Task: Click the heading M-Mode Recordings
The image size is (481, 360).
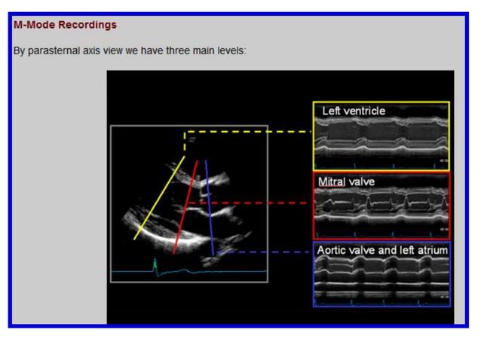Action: click(x=65, y=25)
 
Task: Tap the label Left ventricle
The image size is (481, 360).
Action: click(x=353, y=111)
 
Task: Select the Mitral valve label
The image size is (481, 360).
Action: click(x=346, y=182)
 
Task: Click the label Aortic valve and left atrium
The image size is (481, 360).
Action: click(x=381, y=249)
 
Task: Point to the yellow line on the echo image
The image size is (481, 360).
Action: click(x=159, y=198)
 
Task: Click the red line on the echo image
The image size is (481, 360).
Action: click(x=185, y=207)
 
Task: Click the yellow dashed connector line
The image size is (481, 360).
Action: click(x=249, y=132)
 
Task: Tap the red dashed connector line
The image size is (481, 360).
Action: click(x=249, y=203)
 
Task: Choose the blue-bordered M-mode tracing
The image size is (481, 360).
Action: click(x=381, y=281)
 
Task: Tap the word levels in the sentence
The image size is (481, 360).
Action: click(x=230, y=51)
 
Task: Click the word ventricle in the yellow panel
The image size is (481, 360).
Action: click(x=365, y=111)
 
